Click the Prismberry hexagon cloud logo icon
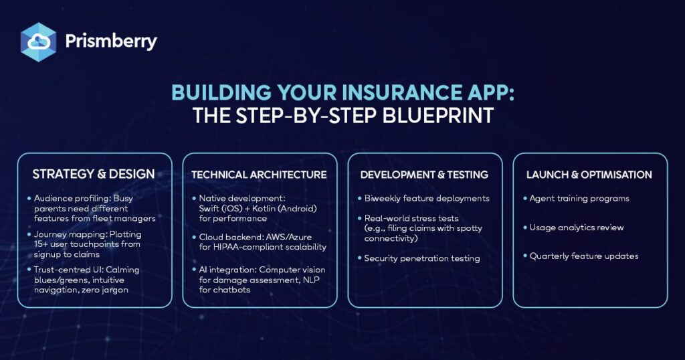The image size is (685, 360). (x=38, y=42)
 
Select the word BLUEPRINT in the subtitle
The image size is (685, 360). (x=437, y=116)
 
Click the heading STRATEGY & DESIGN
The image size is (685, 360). (x=94, y=174)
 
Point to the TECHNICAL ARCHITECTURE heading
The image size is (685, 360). (x=259, y=175)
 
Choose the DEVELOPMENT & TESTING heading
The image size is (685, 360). (x=424, y=175)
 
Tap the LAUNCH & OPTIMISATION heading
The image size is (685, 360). (x=589, y=175)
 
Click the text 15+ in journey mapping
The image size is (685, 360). (x=41, y=244)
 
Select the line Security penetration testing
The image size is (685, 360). (x=422, y=259)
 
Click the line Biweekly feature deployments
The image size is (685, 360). (x=427, y=199)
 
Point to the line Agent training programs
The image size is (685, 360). (x=579, y=199)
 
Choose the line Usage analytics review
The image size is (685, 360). (x=577, y=228)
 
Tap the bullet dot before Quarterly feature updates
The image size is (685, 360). (x=525, y=256)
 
